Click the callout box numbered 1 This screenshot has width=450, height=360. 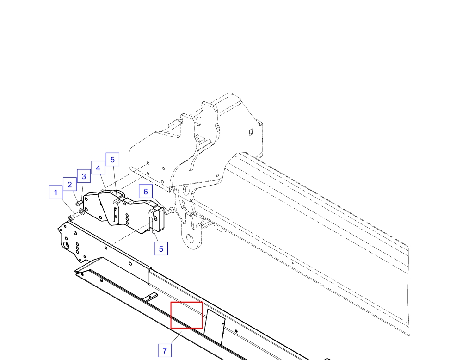coord(55,192)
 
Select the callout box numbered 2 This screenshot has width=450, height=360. coord(70,184)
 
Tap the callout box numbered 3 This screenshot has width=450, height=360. coord(84,176)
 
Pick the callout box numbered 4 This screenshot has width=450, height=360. coord(98,168)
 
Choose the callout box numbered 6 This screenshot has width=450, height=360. coord(146,191)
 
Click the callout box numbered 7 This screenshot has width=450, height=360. coord(165,350)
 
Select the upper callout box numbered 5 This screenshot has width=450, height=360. coord(112,159)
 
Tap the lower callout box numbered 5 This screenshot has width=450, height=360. coord(161,248)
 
